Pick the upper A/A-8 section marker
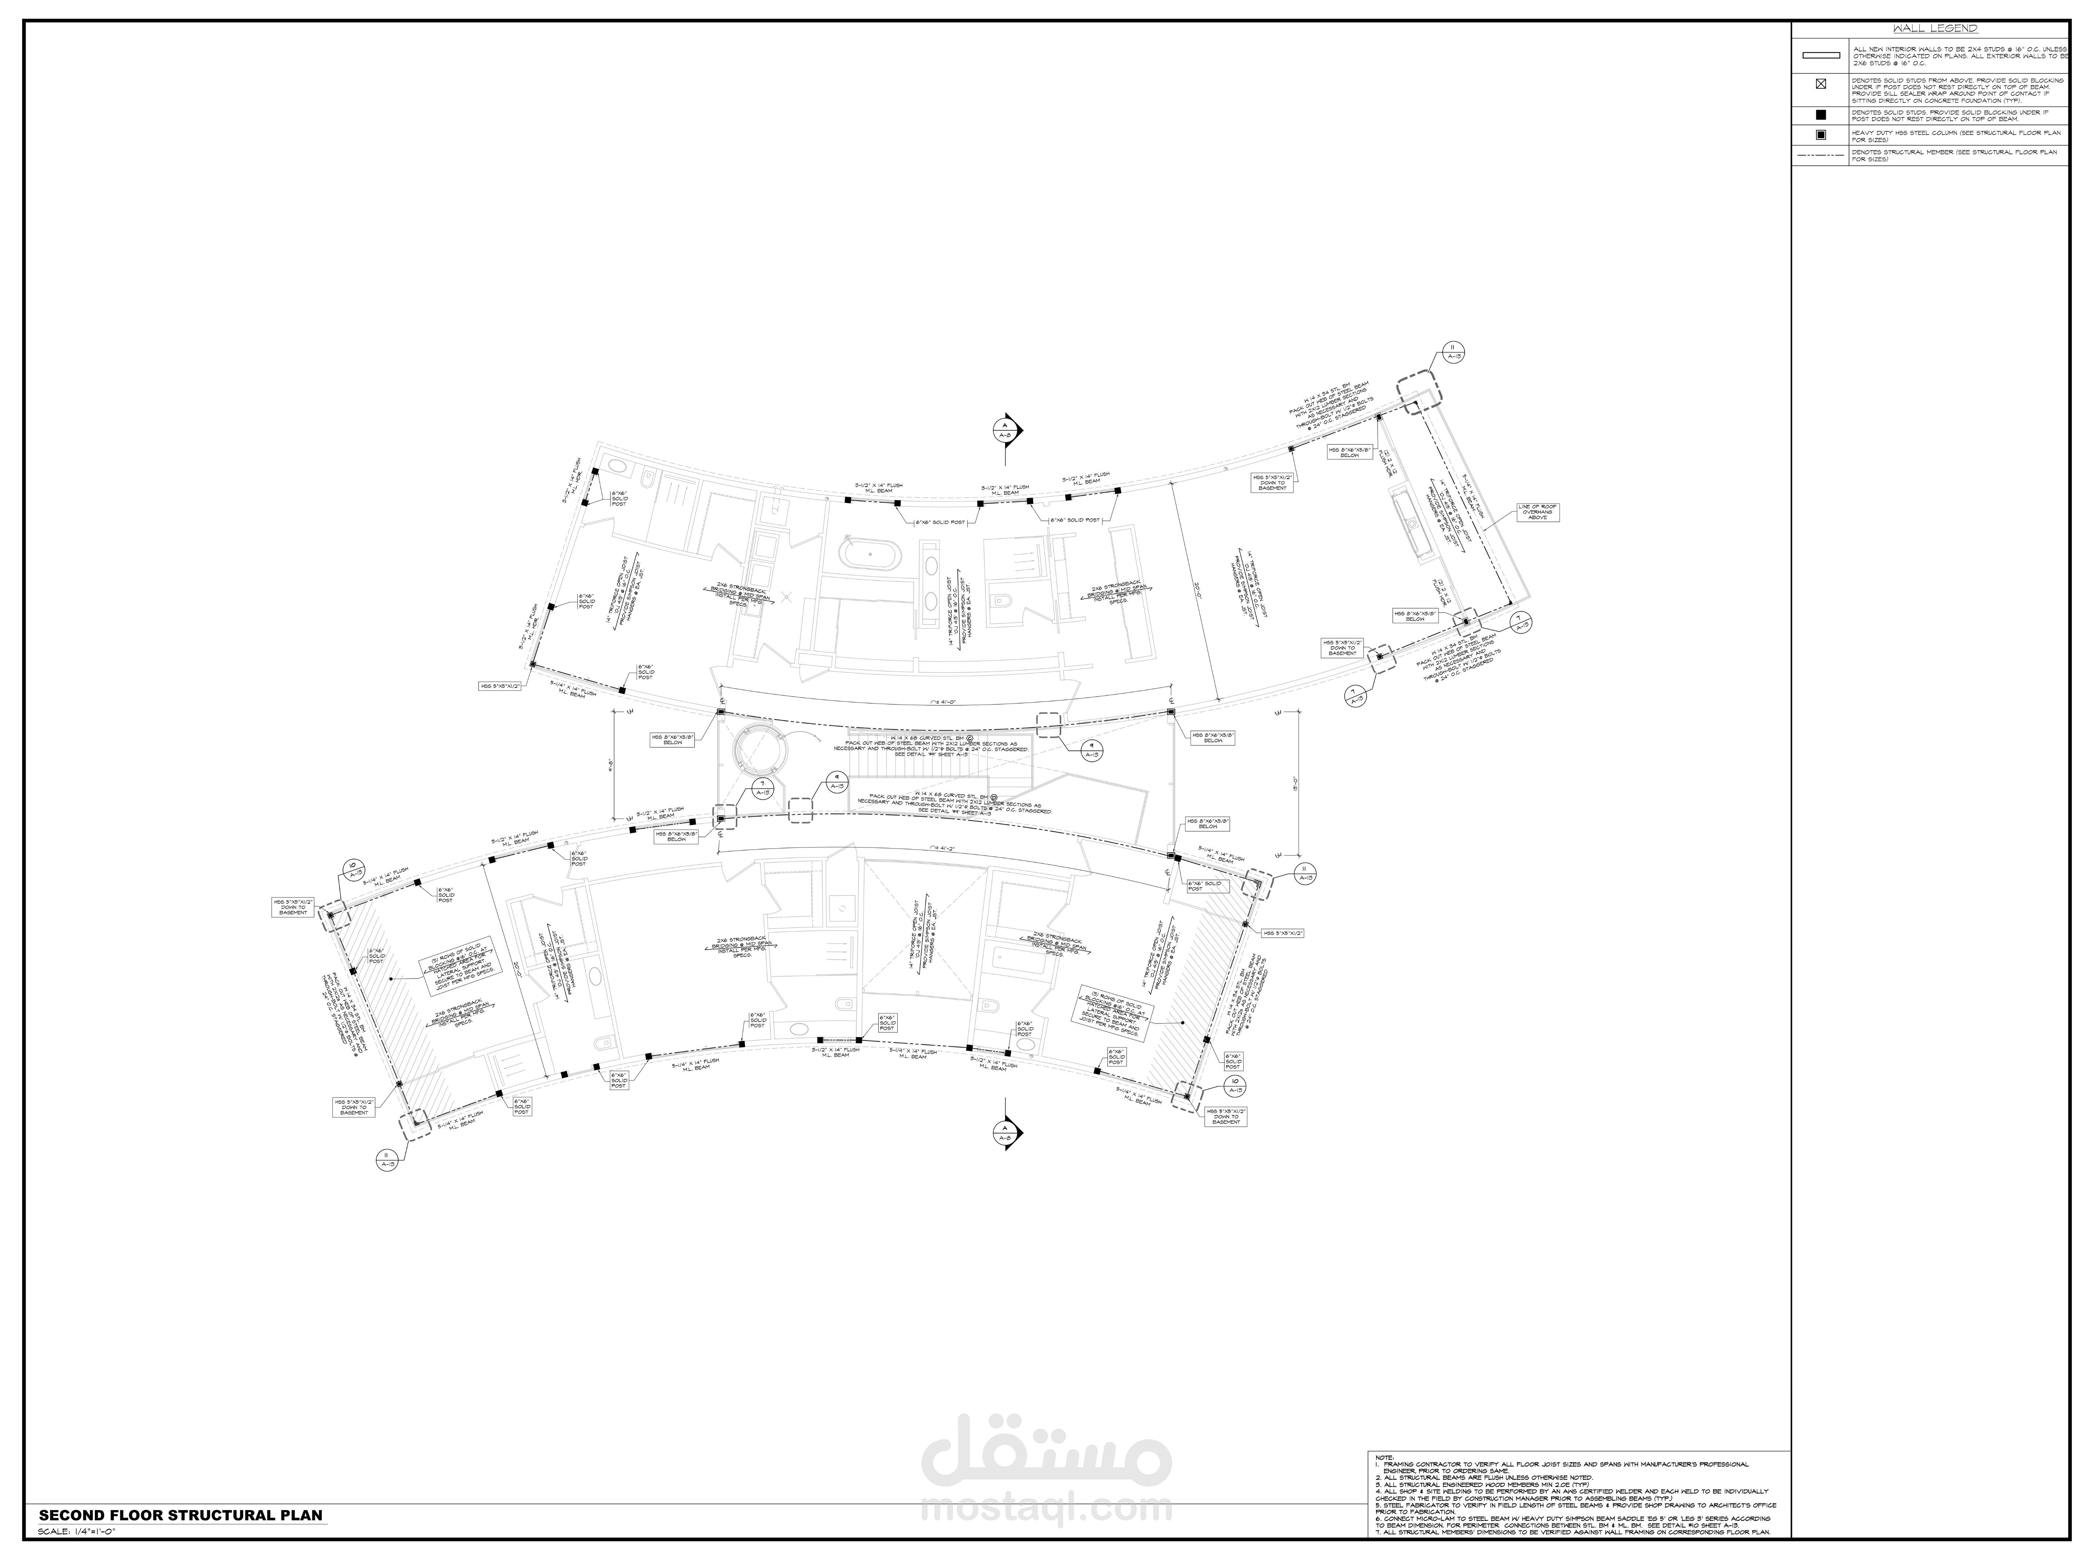(1004, 431)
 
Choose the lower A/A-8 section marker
(1004, 1133)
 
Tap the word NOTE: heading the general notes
(1384, 1484)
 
